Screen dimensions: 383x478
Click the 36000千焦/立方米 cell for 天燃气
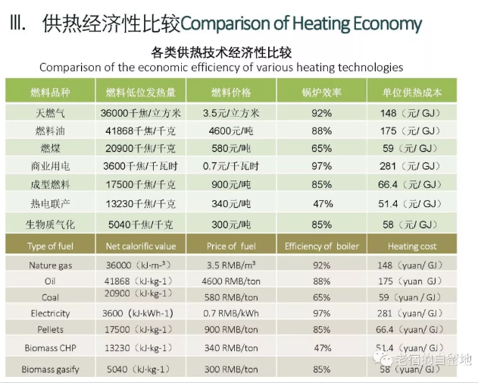(x=137, y=113)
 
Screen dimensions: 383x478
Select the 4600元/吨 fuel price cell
(x=232, y=130)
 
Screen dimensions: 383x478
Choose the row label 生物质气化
(x=50, y=224)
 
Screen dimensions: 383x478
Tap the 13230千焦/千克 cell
(x=137, y=203)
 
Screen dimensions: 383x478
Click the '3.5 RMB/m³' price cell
(x=232, y=265)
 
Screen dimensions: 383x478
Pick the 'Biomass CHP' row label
(x=51, y=348)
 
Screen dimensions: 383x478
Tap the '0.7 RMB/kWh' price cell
(x=232, y=312)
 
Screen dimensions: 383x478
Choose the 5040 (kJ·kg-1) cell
(x=137, y=369)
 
